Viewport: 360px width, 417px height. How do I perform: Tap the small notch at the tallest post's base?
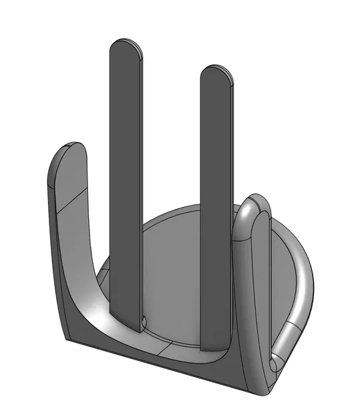tap(144, 320)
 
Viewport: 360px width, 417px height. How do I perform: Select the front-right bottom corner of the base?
tap(256, 392)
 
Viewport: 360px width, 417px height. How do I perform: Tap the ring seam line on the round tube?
tap(288, 327)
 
